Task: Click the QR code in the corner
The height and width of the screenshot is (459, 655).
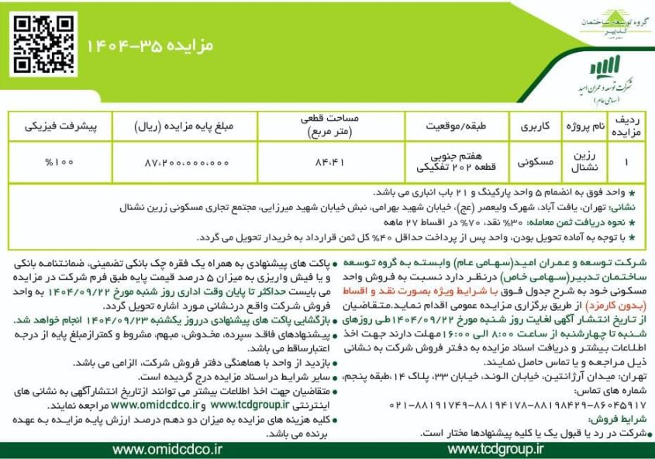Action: click(37, 36)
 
